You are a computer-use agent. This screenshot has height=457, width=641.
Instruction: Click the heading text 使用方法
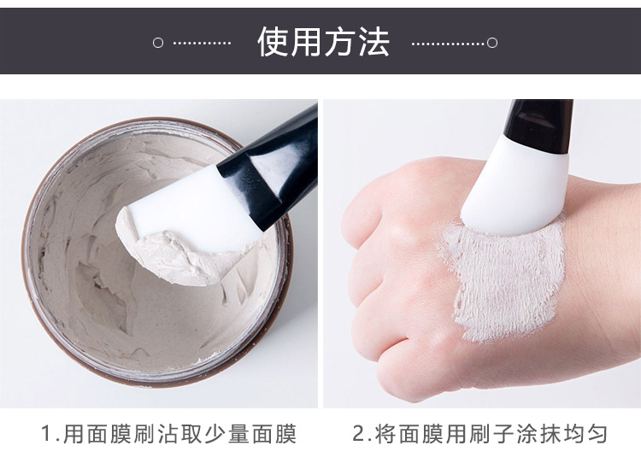(x=323, y=42)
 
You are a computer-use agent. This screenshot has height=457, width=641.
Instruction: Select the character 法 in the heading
(x=373, y=42)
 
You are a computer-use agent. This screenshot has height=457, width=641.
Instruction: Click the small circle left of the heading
(x=157, y=43)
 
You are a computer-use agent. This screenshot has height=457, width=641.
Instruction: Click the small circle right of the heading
(x=492, y=43)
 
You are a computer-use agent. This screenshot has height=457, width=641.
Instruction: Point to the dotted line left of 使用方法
(x=202, y=43)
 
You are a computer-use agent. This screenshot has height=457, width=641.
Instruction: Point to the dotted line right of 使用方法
(x=448, y=43)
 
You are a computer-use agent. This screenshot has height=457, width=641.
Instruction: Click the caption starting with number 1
(x=169, y=434)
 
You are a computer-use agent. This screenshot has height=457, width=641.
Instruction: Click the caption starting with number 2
(x=479, y=434)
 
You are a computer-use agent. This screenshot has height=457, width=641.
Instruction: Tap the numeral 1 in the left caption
(x=48, y=434)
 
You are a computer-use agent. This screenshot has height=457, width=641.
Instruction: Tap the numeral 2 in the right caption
(x=359, y=434)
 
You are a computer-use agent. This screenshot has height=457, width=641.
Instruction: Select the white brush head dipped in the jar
(x=184, y=226)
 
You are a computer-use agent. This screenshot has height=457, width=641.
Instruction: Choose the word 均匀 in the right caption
(x=585, y=434)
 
